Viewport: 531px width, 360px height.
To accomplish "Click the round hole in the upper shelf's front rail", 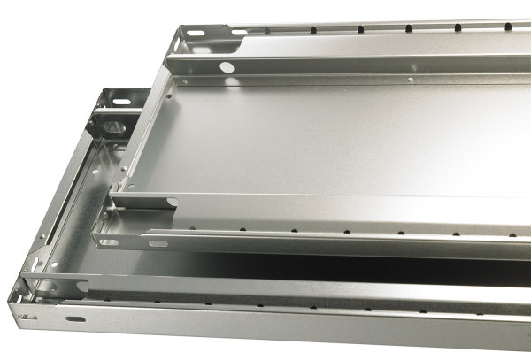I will point(227,67).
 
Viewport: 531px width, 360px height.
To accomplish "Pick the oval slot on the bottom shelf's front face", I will point(75,318).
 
